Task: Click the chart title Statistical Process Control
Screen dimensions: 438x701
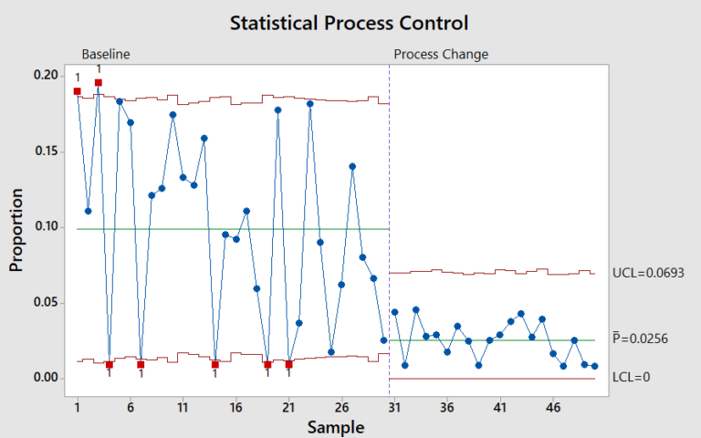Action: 350,21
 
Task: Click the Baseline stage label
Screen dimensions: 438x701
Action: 106,54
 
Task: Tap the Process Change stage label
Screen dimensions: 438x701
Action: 441,54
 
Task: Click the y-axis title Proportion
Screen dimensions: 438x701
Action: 16,231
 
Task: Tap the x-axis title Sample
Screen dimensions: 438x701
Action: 335,427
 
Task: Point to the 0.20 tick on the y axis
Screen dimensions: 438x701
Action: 47,75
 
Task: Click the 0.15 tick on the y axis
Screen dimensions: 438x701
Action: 47,151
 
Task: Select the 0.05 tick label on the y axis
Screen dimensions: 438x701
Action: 47,302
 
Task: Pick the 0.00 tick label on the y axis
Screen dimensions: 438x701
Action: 47,378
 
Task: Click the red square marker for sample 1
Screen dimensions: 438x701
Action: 78,91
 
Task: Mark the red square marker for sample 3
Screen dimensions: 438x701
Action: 99,83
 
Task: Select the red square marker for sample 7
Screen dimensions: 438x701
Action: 141,364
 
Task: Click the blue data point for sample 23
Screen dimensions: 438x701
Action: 310,104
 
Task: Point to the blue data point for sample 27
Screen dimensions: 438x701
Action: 352,166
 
